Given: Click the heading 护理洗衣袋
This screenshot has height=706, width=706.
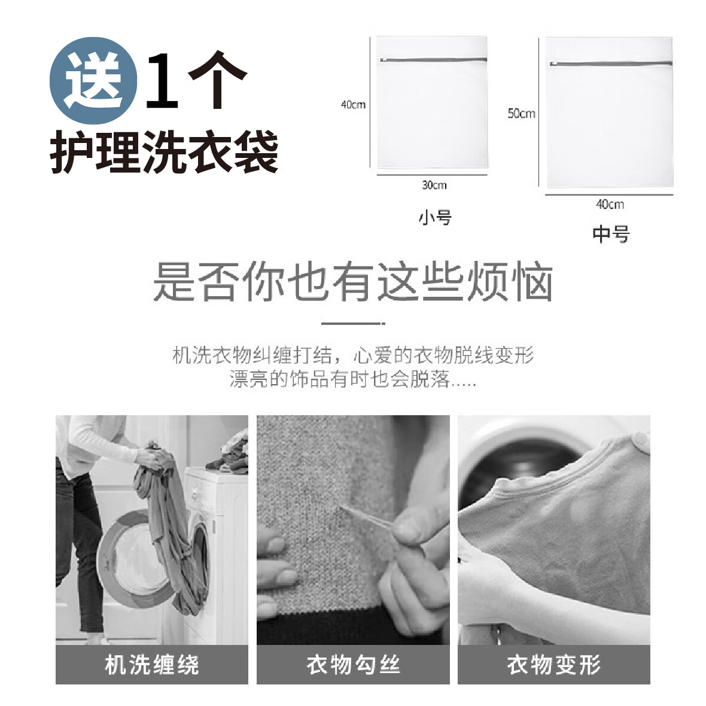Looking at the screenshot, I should click(x=164, y=152).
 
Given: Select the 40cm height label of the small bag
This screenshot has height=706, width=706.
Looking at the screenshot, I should click(x=353, y=105).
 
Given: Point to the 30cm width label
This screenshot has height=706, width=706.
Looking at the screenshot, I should click(x=434, y=185).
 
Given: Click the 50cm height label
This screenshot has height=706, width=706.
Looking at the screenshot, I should click(x=521, y=113).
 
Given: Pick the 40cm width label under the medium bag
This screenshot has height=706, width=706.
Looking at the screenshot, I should click(x=610, y=204).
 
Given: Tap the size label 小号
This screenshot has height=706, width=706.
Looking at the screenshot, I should click(x=435, y=217).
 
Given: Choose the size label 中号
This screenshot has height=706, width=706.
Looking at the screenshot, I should click(x=611, y=234).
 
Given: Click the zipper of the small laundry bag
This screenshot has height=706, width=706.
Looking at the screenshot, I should click(x=432, y=59).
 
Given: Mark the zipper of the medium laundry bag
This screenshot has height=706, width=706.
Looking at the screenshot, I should click(x=610, y=63).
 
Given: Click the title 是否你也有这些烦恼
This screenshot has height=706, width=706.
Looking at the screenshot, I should click(x=353, y=281).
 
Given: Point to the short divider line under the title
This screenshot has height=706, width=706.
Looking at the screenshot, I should click(x=353, y=323).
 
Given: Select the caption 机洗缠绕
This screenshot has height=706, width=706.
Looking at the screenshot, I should click(x=152, y=665).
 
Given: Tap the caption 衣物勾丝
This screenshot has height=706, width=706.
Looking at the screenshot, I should click(x=353, y=665).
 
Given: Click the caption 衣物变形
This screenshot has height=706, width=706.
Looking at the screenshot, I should click(x=554, y=665).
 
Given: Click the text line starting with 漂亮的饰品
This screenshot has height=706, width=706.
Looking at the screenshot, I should click(x=353, y=379).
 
